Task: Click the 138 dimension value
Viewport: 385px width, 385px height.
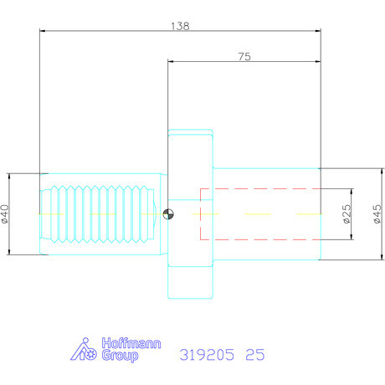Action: tap(180, 25)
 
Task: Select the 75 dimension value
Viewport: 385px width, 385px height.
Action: tap(244, 56)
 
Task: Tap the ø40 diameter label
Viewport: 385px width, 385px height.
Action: tap(5, 214)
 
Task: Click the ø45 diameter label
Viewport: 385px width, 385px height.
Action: tap(377, 214)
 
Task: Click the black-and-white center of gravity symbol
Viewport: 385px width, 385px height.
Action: tap(169, 214)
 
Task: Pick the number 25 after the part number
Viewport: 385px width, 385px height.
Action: tap(255, 355)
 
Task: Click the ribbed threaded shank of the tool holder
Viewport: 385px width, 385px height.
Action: tap(99, 214)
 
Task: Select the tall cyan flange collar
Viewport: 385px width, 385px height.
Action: tap(191, 214)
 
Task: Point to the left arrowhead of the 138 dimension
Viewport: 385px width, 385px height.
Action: tap(44, 31)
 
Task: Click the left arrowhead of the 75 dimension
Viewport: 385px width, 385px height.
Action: tap(171, 62)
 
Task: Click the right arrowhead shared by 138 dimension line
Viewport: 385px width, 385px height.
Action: tap(318, 31)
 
